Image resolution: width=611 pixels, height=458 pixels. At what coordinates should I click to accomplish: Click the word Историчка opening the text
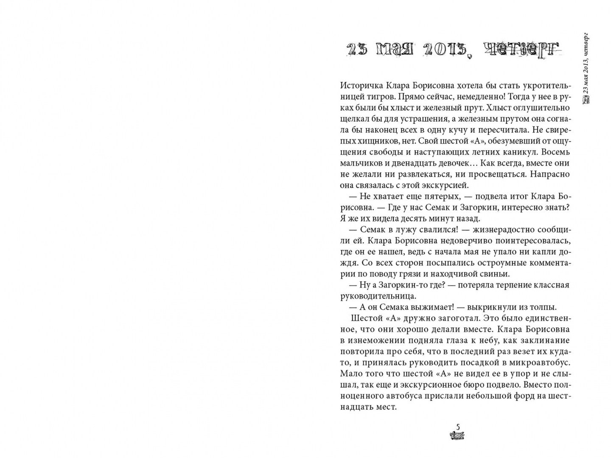tap(359, 86)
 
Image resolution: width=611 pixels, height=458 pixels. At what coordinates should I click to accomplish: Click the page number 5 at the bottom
tap(457, 427)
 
